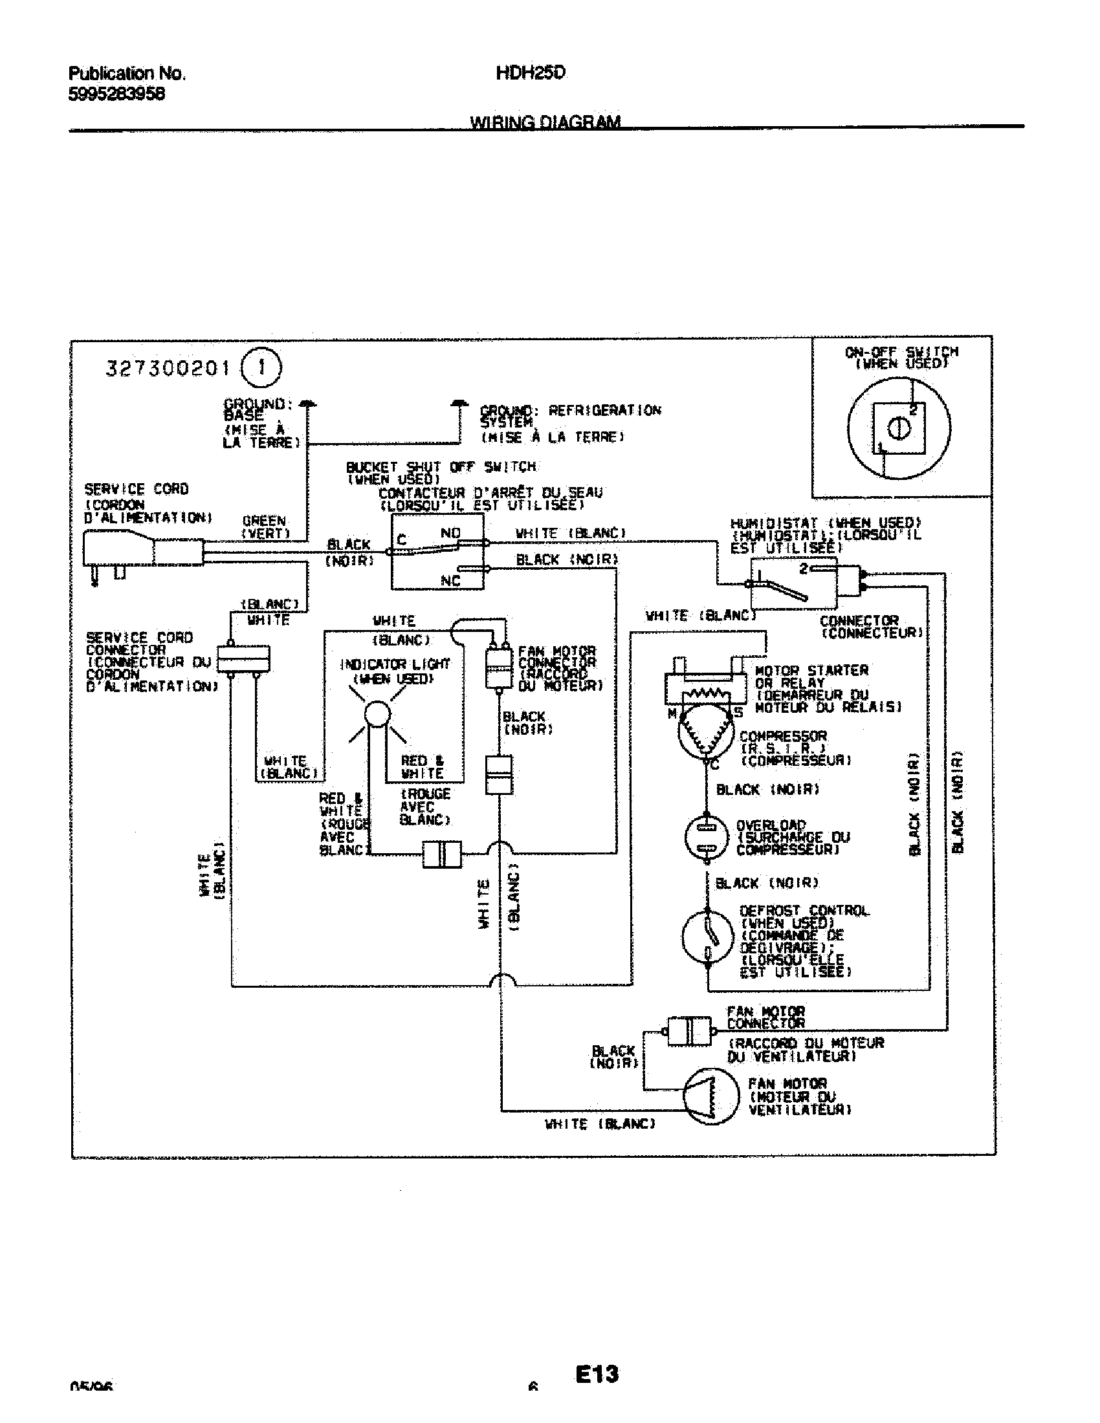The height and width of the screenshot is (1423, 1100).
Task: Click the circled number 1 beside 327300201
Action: pos(261,368)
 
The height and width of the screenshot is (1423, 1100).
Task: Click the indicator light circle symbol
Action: pos(377,715)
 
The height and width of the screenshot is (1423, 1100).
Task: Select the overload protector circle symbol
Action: pos(706,838)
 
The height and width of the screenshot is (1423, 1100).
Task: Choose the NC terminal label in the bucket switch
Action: pos(450,581)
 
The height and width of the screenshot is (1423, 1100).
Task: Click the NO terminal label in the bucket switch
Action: pos(450,533)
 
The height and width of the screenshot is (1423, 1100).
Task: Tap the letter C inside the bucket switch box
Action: pos(401,540)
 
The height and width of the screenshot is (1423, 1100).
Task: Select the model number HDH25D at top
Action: pos(531,73)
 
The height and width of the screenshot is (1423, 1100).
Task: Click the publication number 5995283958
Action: pos(116,94)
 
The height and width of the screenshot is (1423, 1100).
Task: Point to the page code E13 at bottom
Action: pos(597,1373)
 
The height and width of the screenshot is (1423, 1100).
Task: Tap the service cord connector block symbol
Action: pos(243,658)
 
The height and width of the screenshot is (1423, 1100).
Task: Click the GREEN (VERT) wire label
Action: pos(265,527)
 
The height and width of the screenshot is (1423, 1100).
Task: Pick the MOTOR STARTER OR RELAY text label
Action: pos(811,677)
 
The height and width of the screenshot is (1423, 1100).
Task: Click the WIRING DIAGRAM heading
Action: pos(545,122)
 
